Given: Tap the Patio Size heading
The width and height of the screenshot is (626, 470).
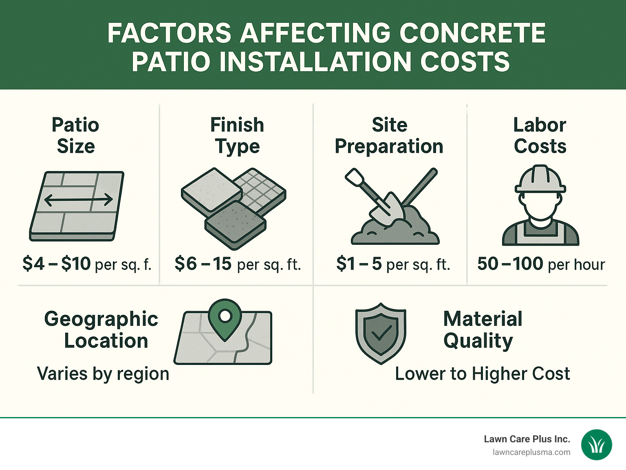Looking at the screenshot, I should click(75, 135).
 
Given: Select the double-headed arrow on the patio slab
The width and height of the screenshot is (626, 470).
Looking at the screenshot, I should click(78, 200).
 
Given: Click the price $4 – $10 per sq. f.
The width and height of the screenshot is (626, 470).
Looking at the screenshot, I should click(87, 264).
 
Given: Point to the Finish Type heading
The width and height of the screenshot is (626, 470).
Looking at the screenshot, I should click(237, 135).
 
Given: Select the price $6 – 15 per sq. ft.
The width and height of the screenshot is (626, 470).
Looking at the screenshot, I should click(238, 264).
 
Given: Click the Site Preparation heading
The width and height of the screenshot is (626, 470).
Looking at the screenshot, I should click(389, 135).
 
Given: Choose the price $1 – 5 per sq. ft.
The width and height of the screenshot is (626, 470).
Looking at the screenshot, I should click(393, 264).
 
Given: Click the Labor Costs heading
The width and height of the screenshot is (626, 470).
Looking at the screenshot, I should click(540, 135).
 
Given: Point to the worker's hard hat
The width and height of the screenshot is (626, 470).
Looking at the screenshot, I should click(540, 179).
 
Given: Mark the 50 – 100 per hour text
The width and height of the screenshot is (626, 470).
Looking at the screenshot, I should click(541, 264).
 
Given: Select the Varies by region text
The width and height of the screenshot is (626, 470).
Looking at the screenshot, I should click(103, 373).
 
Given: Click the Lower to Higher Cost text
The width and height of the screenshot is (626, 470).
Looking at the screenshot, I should click(483, 373).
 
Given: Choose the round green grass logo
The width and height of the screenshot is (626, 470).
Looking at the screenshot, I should click(597, 445).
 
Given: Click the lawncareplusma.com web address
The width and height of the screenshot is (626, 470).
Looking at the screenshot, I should click(531, 452).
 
